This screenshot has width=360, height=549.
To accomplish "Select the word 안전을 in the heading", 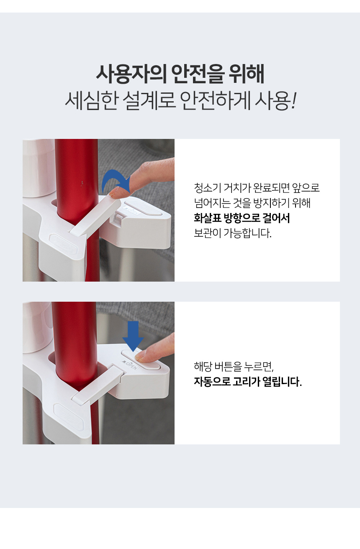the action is pos(198,74).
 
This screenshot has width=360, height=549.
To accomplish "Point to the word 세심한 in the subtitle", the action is pos(91,100).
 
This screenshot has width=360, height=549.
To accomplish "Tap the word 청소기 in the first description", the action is pos(207,188).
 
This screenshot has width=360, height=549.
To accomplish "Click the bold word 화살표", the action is pos(208,218).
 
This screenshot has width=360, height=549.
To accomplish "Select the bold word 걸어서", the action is pos(276,218).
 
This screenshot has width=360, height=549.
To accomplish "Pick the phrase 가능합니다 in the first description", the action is pos(247,233).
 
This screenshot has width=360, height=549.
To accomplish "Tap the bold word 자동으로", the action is pos(212,382).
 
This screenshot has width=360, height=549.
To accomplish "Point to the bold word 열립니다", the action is pos(282,382).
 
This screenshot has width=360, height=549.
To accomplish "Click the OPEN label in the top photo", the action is pos(132,211).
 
